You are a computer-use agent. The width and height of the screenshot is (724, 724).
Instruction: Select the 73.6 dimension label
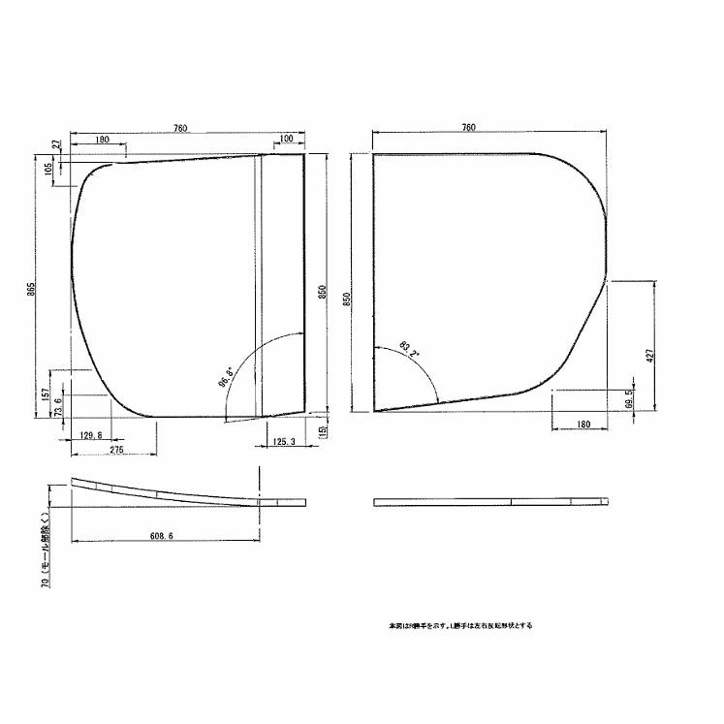58,404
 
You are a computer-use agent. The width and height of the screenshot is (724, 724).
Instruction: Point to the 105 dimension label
47,169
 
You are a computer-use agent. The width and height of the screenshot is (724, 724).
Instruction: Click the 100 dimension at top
286,140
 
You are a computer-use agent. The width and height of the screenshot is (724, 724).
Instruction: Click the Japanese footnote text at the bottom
460,625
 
